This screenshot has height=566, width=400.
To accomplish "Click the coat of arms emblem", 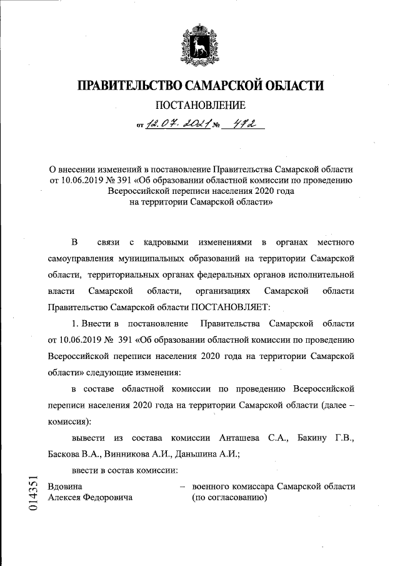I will click(x=200, y=45).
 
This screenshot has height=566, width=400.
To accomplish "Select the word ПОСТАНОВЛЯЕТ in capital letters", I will click(x=230, y=307).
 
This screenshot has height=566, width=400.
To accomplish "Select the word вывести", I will click(x=88, y=437).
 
